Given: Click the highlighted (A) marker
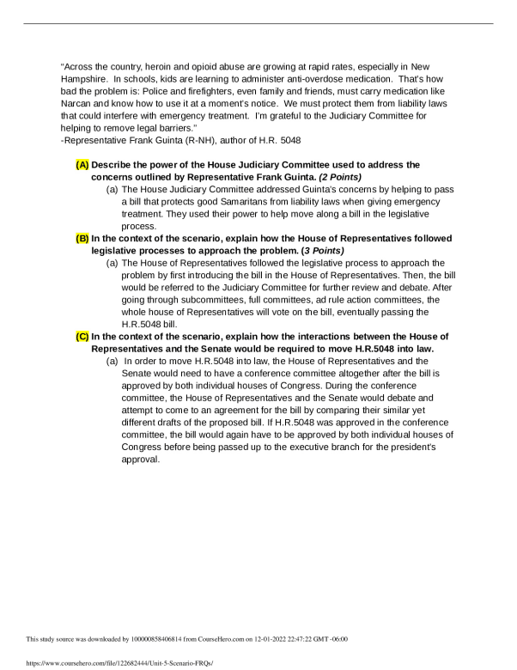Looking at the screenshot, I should click(82, 164).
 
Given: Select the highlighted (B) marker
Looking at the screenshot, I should click(82, 238).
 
